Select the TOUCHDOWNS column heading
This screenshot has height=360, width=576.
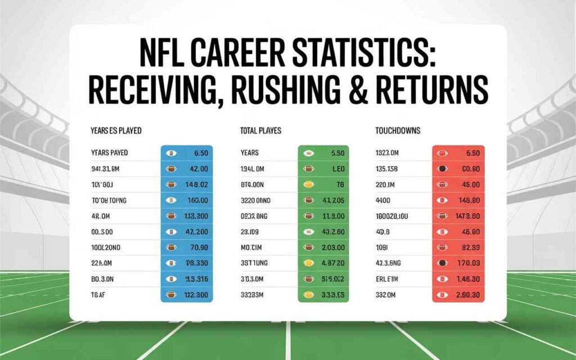[398, 130]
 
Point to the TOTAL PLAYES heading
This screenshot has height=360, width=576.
[261, 130]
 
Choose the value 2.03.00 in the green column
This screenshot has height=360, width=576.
[332, 247]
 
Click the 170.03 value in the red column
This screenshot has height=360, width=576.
[468, 262]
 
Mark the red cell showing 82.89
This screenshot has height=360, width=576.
[469, 247]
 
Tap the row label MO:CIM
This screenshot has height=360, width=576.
[251, 247]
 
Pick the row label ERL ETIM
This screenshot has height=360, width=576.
[389, 278]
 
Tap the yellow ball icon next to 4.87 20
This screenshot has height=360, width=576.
[308, 263]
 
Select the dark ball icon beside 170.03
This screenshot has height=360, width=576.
[443, 263]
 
